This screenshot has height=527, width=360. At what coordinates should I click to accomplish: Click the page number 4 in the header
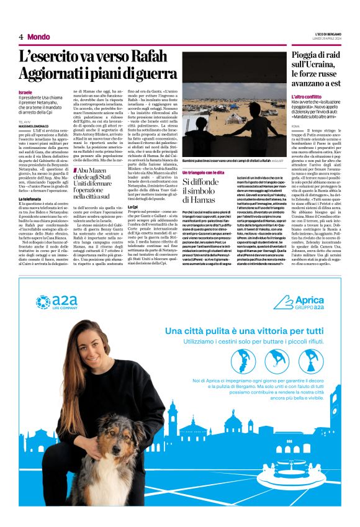(x=20, y=37)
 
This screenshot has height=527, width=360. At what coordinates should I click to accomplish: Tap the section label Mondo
(x=38, y=37)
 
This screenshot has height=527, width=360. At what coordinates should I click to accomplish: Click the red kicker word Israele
(x=25, y=92)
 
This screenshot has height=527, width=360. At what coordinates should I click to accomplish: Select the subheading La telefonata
(x=31, y=199)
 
